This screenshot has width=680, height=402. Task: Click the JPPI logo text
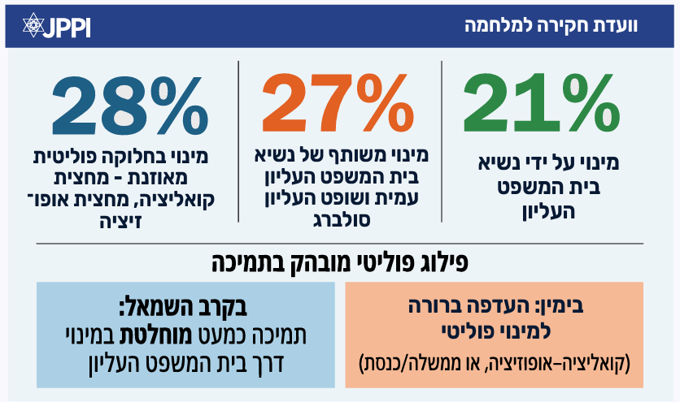(x=70, y=26)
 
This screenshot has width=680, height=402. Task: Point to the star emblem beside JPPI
(x=33, y=25)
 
